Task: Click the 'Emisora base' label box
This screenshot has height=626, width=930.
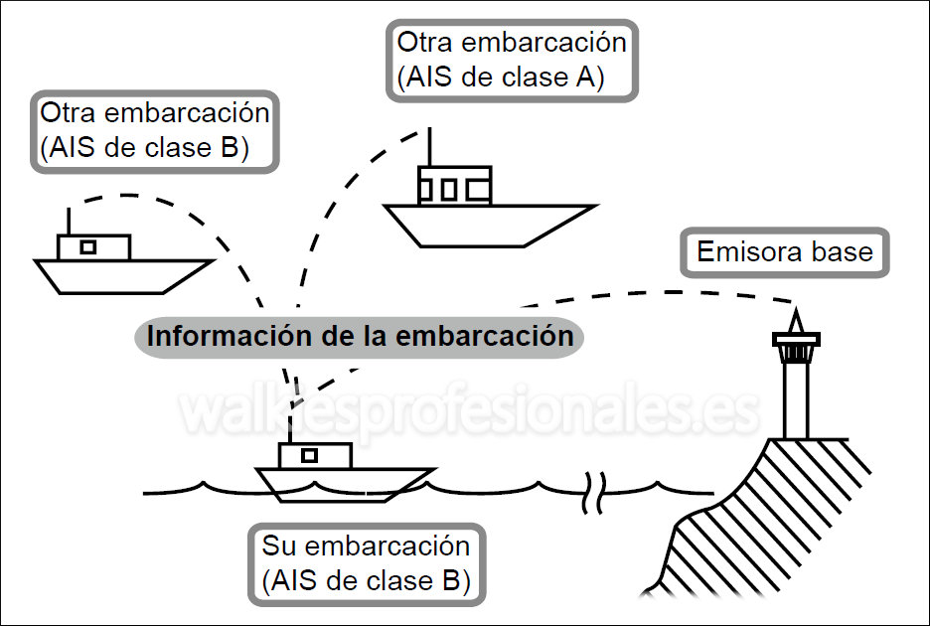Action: (x=784, y=252)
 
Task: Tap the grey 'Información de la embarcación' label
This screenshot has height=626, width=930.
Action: (x=360, y=336)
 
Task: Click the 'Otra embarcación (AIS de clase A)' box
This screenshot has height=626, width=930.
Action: (x=511, y=61)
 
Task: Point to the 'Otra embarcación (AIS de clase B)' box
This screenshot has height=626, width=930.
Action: (x=155, y=130)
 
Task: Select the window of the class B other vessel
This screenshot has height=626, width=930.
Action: (x=88, y=246)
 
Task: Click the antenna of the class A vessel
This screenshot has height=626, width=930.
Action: (x=428, y=147)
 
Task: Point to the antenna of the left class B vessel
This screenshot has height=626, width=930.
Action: (x=69, y=222)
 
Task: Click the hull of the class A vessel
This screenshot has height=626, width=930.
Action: (x=487, y=224)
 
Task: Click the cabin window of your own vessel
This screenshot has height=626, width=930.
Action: (x=309, y=455)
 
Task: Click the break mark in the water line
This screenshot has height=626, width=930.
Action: (x=592, y=489)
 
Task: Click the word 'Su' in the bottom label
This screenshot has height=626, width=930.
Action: (x=279, y=547)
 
